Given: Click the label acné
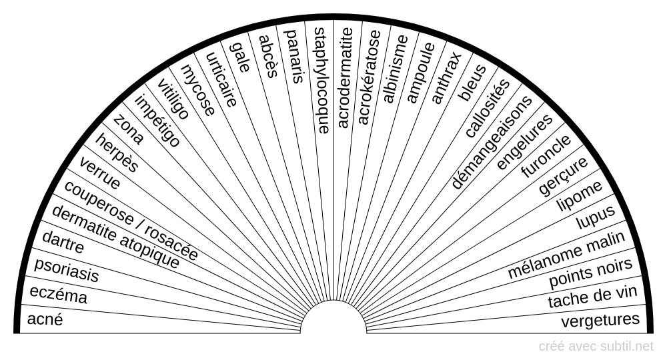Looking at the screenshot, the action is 45,319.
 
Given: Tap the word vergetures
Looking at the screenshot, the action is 600,320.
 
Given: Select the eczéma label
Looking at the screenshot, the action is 58,295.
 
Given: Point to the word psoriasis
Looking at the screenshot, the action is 66,270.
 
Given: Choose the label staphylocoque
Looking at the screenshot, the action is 321,81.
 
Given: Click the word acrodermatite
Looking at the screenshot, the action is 345,78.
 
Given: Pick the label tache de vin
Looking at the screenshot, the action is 592,296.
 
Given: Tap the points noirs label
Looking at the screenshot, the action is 590,272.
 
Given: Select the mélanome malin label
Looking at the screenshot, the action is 566,255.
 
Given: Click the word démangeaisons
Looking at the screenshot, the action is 492,143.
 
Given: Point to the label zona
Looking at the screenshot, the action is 129,129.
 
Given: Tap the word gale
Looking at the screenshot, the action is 239,57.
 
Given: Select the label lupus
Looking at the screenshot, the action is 596,217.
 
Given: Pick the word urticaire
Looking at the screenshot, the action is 221,79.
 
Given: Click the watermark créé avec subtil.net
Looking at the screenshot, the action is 596,347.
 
